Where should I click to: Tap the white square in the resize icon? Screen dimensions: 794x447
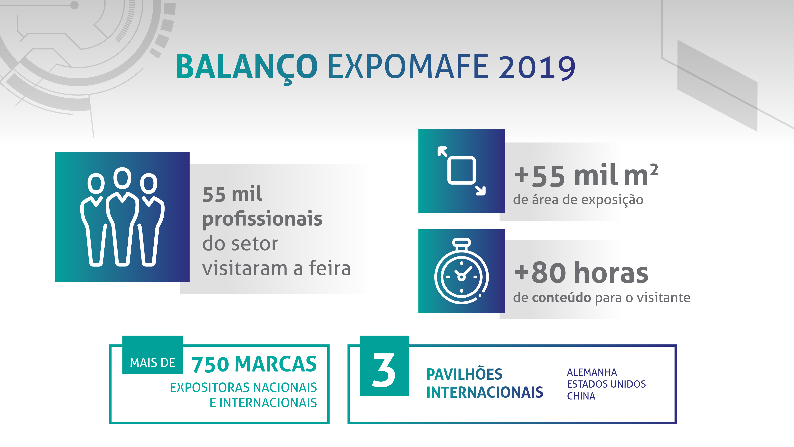click(462, 170)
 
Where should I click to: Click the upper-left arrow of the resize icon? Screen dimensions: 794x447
click(442, 151)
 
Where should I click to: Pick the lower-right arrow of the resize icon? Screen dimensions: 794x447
click(481, 190)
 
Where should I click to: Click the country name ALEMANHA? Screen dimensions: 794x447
click(592, 372)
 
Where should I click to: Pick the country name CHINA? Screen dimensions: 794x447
click(581, 396)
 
